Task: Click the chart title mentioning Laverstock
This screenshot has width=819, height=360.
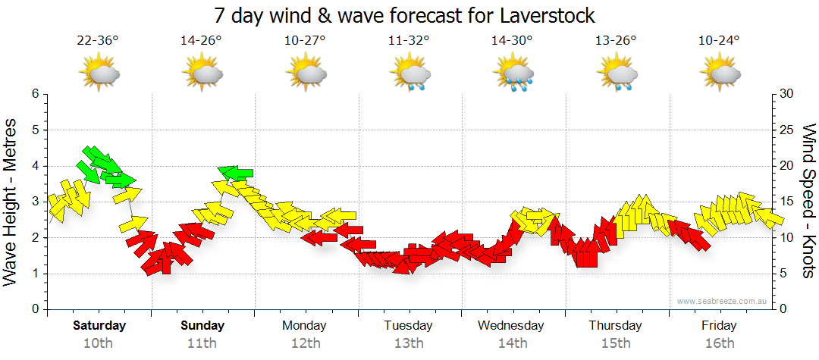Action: point(404,15)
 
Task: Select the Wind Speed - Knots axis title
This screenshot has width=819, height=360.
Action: point(808,202)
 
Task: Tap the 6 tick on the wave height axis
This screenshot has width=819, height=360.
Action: point(35,94)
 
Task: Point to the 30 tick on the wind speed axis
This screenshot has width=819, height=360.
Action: point(787,94)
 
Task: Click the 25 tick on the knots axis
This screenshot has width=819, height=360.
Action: point(787,130)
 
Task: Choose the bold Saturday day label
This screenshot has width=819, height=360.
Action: point(99,326)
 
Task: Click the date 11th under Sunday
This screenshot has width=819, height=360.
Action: point(202,343)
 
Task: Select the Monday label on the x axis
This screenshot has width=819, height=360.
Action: point(304,326)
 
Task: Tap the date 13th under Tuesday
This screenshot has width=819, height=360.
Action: point(408,343)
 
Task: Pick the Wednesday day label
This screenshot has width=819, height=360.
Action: point(511,326)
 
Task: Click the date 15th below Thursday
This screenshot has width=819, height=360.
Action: point(615,343)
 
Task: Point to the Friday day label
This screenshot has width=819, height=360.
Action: point(719,326)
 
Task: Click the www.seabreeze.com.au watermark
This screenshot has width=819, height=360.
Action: point(723,301)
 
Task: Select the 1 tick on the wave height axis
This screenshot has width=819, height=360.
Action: point(35,274)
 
